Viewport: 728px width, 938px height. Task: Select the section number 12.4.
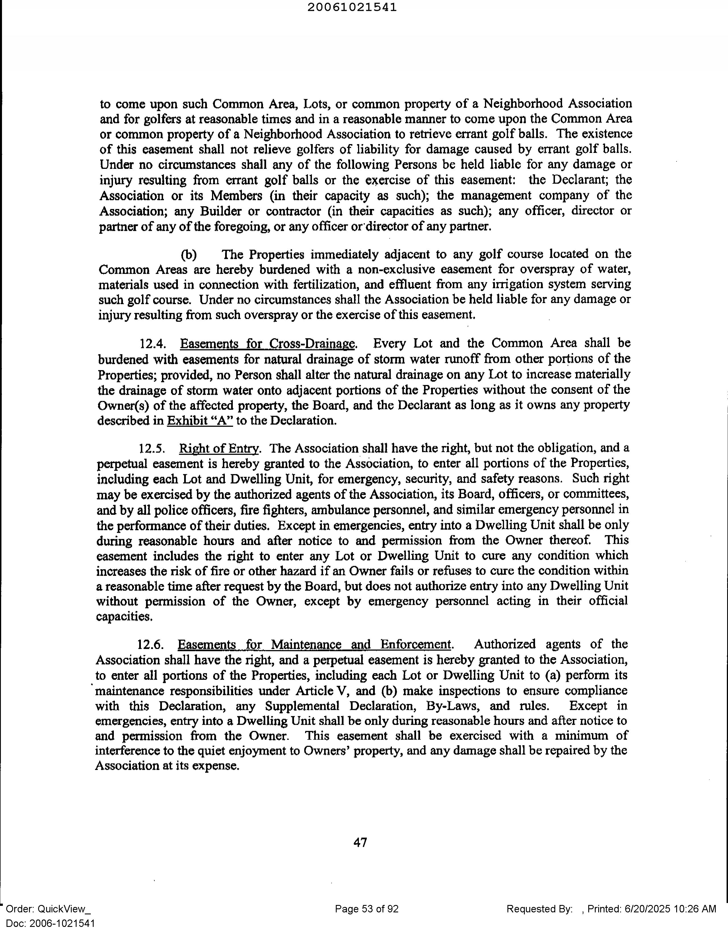[152, 344]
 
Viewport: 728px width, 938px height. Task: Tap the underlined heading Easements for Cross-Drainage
[268, 344]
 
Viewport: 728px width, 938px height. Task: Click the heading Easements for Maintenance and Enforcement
[314, 644]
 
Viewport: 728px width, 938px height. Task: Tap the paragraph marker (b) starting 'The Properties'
[189, 255]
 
